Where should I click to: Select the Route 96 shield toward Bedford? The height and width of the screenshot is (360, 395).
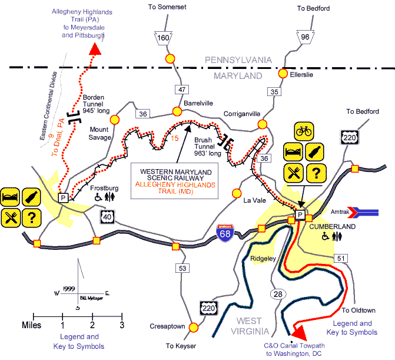pyautogui.click(x=305, y=37)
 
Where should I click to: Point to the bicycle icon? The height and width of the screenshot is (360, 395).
pyautogui.click(x=304, y=131)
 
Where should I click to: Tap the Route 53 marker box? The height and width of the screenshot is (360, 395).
pyautogui.click(x=182, y=268)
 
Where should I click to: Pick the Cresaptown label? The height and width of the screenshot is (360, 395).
pyautogui.click(x=182, y=326)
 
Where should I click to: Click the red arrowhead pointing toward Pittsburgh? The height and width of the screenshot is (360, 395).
pyautogui.click(x=94, y=48)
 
